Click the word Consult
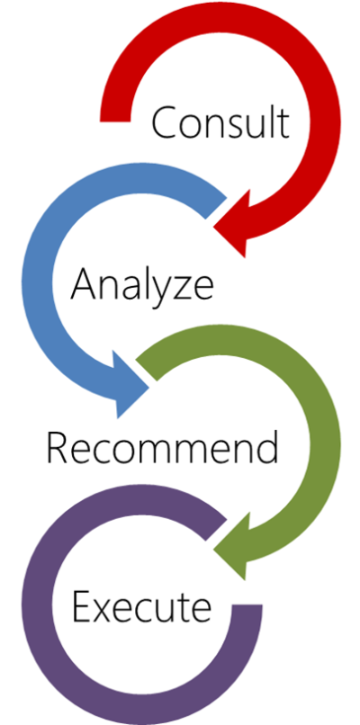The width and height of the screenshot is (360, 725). click(x=220, y=122)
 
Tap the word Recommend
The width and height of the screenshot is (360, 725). click(x=162, y=448)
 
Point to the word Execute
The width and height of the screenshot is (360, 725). click(x=141, y=606)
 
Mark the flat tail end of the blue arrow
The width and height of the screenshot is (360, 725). click(x=216, y=208)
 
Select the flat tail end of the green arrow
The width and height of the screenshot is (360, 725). click(x=147, y=370)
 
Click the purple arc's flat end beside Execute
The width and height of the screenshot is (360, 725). click(x=247, y=604)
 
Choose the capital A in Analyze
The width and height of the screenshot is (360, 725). click(x=85, y=284)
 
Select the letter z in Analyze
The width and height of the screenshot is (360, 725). click(x=179, y=288)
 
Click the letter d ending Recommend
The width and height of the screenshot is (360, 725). click(x=267, y=448)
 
